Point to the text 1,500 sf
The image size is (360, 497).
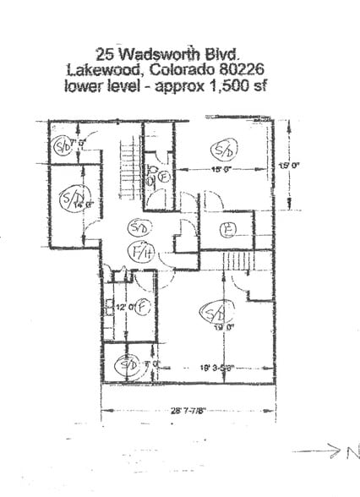237,85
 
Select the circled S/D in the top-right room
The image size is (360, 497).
224,150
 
